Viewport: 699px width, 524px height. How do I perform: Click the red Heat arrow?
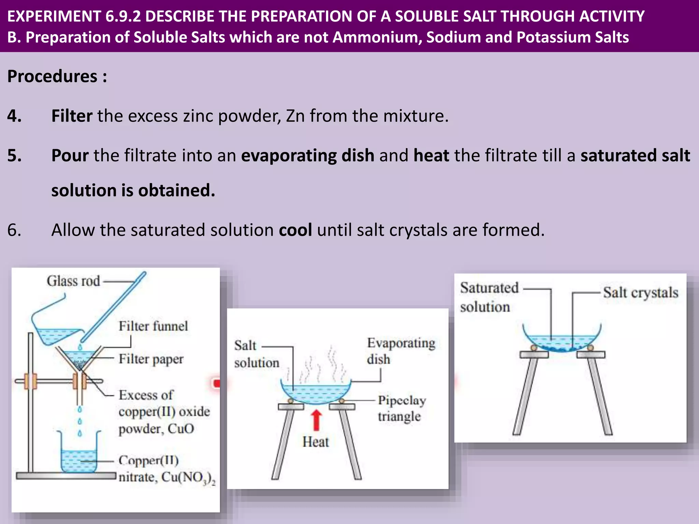(x=317, y=420)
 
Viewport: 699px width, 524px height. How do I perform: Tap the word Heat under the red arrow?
(x=316, y=442)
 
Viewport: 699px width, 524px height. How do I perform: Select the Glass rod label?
(x=73, y=281)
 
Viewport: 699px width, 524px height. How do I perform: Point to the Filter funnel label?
(x=153, y=326)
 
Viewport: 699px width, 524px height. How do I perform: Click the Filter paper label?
(x=151, y=359)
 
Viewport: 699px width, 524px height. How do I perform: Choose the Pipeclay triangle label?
(x=402, y=408)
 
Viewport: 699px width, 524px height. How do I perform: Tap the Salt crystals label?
(x=640, y=293)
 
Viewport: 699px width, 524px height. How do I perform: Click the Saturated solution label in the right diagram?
(x=489, y=297)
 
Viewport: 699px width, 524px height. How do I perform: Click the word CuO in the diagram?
(x=181, y=428)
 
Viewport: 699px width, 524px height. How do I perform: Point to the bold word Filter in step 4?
(x=72, y=116)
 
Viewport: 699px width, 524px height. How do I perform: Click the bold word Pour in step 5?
(x=70, y=156)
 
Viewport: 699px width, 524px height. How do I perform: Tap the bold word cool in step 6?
(x=295, y=230)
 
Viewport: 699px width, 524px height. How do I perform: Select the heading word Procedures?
(x=52, y=76)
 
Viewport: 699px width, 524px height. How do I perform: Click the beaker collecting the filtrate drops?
(x=79, y=454)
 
